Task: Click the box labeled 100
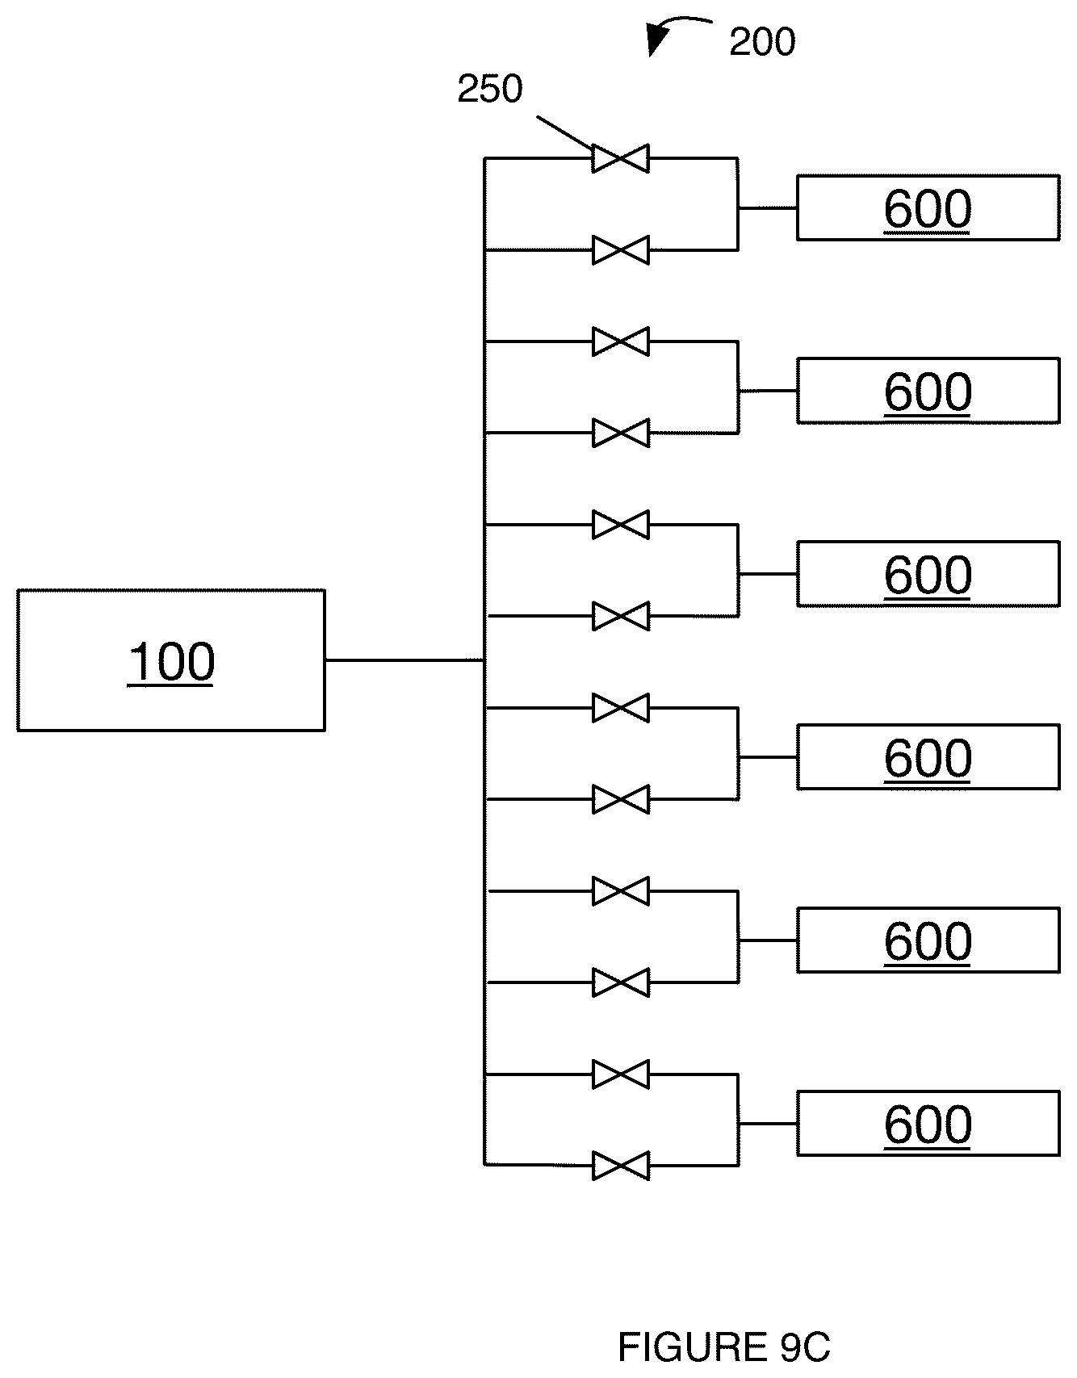pyautogui.click(x=171, y=660)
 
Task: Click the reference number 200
pyautogui.click(x=762, y=42)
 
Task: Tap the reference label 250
pyautogui.click(x=490, y=89)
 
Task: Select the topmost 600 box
pyautogui.click(x=928, y=207)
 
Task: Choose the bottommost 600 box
pyautogui.click(x=928, y=1124)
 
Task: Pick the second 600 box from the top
pyautogui.click(x=928, y=391)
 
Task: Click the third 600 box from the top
pyautogui.click(x=928, y=574)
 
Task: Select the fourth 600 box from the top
pyautogui.click(x=928, y=757)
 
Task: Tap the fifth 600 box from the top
pyautogui.click(x=928, y=940)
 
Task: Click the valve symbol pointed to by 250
pyautogui.click(x=620, y=158)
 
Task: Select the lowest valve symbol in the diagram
pyautogui.click(x=620, y=1166)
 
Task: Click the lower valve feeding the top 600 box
pyautogui.click(x=620, y=250)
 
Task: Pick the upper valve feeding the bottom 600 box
pyautogui.click(x=620, y=1074)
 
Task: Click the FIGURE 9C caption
pyautogui.click(x=724, y=1347)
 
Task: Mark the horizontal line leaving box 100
pyautogui.click(x=404, y=660)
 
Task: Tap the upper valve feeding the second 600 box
pyautogui.click(x=620, y=341)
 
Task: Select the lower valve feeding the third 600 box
pyautogui.click(x=620, y=617)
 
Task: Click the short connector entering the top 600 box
pyautogui.click(x=768, y=207)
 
